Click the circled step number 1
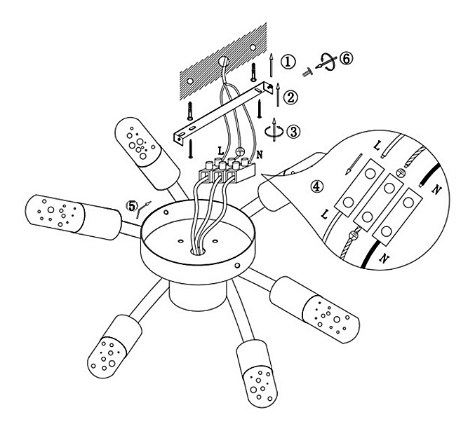[x=288, y=62]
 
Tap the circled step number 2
[x=290, y=97]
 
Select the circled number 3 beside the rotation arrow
[x=293, y=132]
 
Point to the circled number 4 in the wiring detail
[x=316, y=186]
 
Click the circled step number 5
[x=132, y=206]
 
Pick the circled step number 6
[x=346, y=58]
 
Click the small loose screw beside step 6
[x=307, y=72]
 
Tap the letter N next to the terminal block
[x=260, y=155]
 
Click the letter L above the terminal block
[x=220, y=150]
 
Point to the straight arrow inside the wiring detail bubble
[x=354, y=165]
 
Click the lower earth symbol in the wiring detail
[x=354, y=235]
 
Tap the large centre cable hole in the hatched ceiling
[x=224, y=61]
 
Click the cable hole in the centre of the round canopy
[x=199, y=251]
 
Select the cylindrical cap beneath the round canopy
[x=198, y=295]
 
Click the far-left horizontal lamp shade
[x=73, y=217]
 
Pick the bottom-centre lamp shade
[x=256, y=374]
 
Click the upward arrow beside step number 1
[x=271, y=65]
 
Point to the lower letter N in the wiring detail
[x=384, y=259]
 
